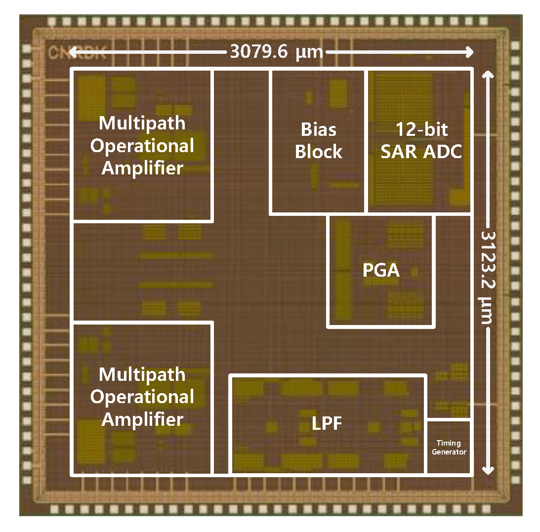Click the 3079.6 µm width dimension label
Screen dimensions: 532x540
(x=276, y=51)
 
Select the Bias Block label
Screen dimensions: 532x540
(x=319, y=141)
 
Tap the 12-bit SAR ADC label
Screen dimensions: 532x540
(x=421, y=141)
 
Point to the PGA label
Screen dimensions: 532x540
(x=380, y=271)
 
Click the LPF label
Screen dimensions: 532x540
(x=327, y=423)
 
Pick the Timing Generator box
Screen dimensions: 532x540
(x=449, y=448)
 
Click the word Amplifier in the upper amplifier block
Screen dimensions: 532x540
(x=142, y=168)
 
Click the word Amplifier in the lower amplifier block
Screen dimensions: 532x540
(x=142, y=419)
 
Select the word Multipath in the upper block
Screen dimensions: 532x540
(x=142, y=123)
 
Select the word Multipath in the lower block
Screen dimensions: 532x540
(x=142, y=374)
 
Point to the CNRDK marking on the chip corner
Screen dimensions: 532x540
(x=77, y=53)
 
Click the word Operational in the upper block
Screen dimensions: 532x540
(x=142, y=146)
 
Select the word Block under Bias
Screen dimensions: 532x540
(x=319, y=152)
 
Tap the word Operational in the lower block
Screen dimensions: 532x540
(x=142, y=397)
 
